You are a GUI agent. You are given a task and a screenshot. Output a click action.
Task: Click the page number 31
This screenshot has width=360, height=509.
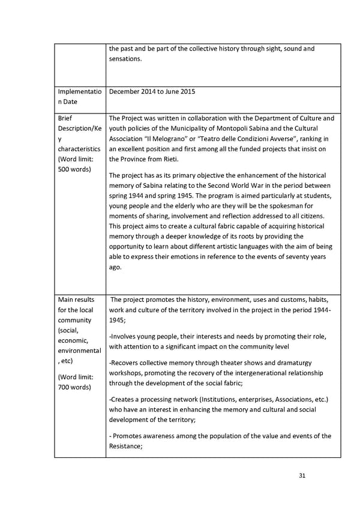302,476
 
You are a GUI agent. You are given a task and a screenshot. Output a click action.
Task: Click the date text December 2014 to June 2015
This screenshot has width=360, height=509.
152,92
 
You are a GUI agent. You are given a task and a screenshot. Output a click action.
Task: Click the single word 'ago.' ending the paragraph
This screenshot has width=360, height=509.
115,267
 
